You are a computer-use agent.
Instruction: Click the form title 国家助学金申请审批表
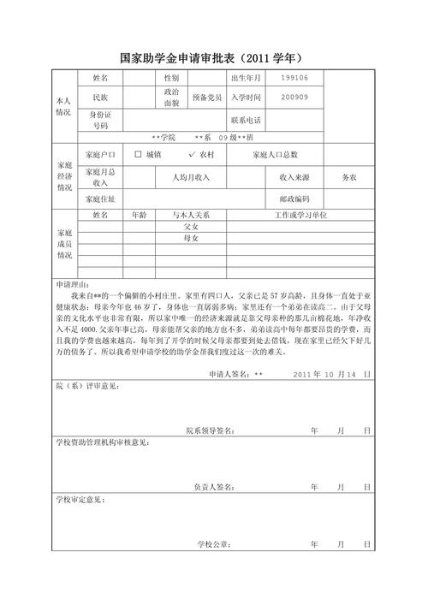(176, 58)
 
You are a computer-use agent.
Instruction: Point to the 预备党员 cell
(209, 98)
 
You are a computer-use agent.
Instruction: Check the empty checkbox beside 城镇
(140, 155)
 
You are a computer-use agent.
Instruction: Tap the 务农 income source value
(349, 176)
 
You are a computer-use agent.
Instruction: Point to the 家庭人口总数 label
(276, 155)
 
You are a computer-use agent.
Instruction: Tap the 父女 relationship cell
(191, 227)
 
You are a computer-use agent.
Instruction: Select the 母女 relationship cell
(191, 238)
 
